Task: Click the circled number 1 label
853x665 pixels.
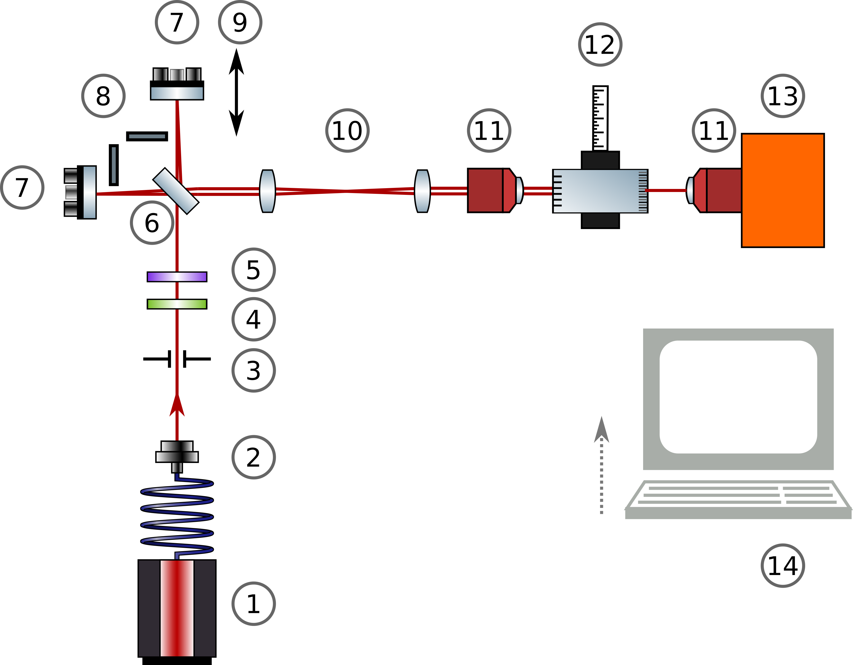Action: (x=253, y=604)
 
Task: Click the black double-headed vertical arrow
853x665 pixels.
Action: (x=236, y=93)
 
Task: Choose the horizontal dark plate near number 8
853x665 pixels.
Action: (x=147, y=136)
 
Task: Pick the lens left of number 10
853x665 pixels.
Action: (x=268, y=191)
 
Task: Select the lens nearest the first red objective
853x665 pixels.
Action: (x=422, y=191)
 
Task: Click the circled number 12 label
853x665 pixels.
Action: (x=600, y=44)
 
